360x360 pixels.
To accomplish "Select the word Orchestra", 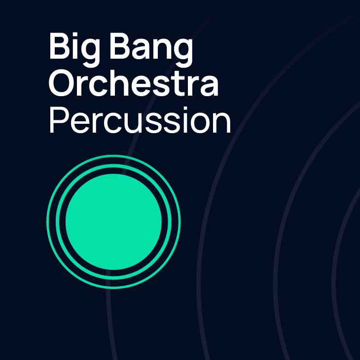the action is tap(133, 83).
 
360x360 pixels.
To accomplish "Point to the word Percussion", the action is tap(140, 120).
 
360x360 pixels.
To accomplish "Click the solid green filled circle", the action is tap(113, 221).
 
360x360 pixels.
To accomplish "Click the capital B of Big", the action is tap(60, 46).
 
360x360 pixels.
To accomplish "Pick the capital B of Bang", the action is tap(120, 46).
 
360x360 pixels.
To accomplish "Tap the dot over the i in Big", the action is tap(75, 35).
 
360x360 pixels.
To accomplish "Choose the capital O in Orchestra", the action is tap(63, 83).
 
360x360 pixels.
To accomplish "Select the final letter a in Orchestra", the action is tap(209, 86).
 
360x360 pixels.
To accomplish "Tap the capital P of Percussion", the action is tap(59, 120).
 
